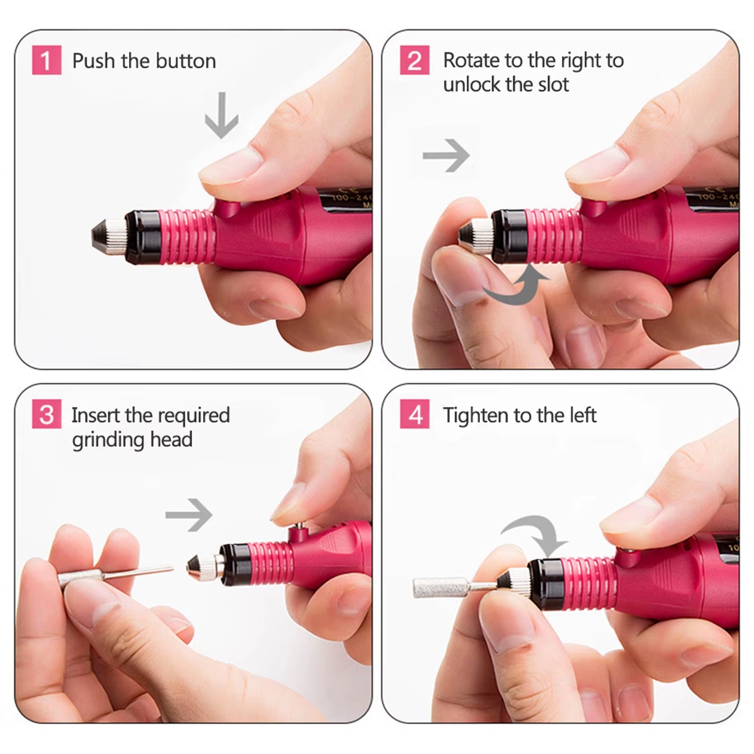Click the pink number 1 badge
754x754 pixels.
point(46,60)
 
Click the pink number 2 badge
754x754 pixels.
point(415,60)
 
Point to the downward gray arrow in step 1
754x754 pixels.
point(221,116)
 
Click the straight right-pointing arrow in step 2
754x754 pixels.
point(446,155)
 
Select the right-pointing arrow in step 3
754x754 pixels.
point(190,514)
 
